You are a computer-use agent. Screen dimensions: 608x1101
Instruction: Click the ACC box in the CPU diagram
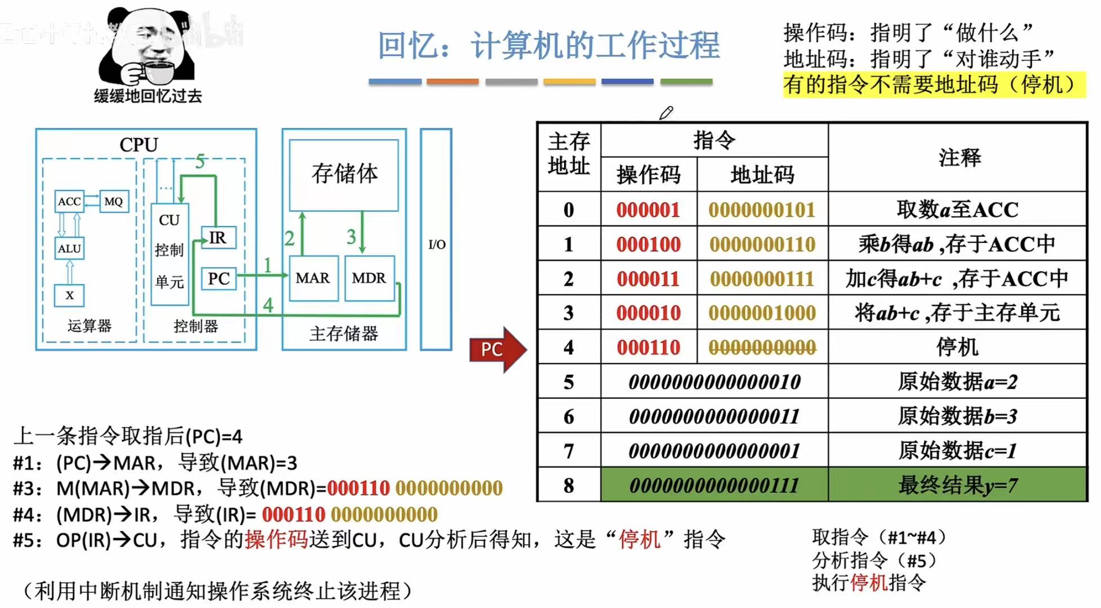click(x=69, y=201)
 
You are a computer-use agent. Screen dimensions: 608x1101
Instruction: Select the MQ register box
click(x=114, y=201)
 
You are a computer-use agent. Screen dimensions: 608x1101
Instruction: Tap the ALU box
click(x=69, y=248)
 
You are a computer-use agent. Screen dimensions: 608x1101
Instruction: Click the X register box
click(x=69, y=295)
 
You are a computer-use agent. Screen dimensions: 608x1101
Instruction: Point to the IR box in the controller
click(x=218, y=237)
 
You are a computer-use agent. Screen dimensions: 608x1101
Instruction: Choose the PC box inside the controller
click(x=219, y=278)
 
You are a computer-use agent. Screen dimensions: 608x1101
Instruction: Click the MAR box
click(x=313, y=278)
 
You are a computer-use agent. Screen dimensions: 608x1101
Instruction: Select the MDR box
click(x=369, y=278)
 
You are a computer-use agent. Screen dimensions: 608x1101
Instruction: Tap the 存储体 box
click(x=344, y=174)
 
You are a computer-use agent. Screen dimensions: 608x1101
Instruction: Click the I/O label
click(x=437, y=244)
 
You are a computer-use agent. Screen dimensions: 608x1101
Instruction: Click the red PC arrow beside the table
click(x=496, y=349)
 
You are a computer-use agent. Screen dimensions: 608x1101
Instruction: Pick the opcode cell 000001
click(x=648, y=210)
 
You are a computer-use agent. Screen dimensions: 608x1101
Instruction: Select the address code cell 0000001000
click(x=762, y=313)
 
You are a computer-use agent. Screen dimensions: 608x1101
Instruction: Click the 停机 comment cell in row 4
click(x=957, y=347)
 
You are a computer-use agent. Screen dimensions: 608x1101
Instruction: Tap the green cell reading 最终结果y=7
click(x=957, y=485)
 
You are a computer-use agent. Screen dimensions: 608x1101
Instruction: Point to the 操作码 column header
click(x=648, y=175)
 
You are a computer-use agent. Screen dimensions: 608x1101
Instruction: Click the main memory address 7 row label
click(x=569, y=451)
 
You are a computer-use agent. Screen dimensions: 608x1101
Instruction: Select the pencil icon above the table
click(x=666, y=113)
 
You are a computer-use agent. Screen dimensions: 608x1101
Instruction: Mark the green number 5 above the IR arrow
click(x=200, y=162)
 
